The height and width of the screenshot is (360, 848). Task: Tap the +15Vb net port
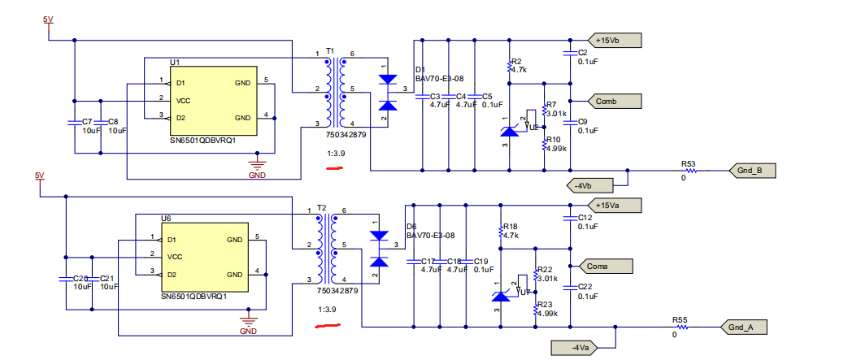tap(616, 40)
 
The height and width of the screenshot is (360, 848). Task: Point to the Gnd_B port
tap(749, 171)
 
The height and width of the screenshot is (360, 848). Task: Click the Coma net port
tap(607, 266)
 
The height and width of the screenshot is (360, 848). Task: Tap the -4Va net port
tap(578, 348)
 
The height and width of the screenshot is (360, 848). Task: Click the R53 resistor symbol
tap(689, 171)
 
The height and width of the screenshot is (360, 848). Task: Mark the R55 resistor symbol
tap(681, 327)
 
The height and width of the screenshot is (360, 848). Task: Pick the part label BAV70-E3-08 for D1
tap(439, 79)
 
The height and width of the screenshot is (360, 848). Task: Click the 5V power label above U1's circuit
tap(48, 18)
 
